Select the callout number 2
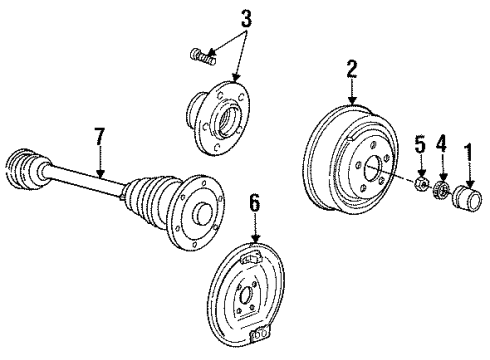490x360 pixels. pos(351,69)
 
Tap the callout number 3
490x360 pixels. pos(232,17)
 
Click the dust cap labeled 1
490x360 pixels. pos(467,194)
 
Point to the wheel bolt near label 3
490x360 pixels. pos(203,57)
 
